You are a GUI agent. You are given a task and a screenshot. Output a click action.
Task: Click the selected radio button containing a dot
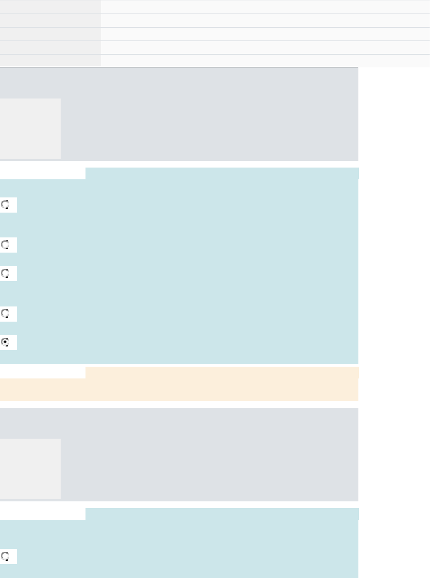(x=5, y=342)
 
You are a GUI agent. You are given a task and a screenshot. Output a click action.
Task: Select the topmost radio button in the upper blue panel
(x=5, y=205)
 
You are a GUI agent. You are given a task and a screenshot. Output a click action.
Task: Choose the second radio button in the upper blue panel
(x=5, y=245)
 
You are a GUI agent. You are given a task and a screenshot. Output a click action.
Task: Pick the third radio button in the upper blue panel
(x=5, y=274)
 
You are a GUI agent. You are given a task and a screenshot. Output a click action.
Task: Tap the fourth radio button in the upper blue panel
(x=5, y=314)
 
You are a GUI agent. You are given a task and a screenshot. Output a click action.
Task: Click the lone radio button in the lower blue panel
(x=5, y=557)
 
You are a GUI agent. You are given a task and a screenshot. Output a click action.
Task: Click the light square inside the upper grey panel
(x=30, y=129)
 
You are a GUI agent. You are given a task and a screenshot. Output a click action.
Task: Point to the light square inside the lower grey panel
(x=30, y=469)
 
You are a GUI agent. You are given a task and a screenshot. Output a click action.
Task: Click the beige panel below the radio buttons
(x=179, y=389)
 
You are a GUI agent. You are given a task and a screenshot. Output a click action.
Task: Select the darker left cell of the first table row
(x=51, y=7)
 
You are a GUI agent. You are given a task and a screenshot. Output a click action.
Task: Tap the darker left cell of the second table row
(x=51, y=20)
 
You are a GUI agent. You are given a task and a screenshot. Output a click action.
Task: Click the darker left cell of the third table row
(x=51, y=34)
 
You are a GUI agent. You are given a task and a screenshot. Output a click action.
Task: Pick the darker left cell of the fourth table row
(x=51, y=48)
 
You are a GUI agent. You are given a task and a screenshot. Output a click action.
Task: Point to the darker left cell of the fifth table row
(x=51, y=61)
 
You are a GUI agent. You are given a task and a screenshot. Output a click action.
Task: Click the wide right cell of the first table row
(x=265, y=7)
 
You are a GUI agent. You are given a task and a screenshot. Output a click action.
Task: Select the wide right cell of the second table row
(x=265, y=20)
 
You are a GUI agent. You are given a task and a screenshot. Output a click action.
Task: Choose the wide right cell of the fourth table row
(x=265, y=48)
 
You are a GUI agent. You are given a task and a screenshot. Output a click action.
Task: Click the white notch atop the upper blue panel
(x=43, y=173)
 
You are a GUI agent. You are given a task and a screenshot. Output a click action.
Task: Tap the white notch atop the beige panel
(x=43, y=373)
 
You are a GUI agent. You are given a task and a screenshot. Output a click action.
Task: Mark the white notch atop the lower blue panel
(x=43, y=514)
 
